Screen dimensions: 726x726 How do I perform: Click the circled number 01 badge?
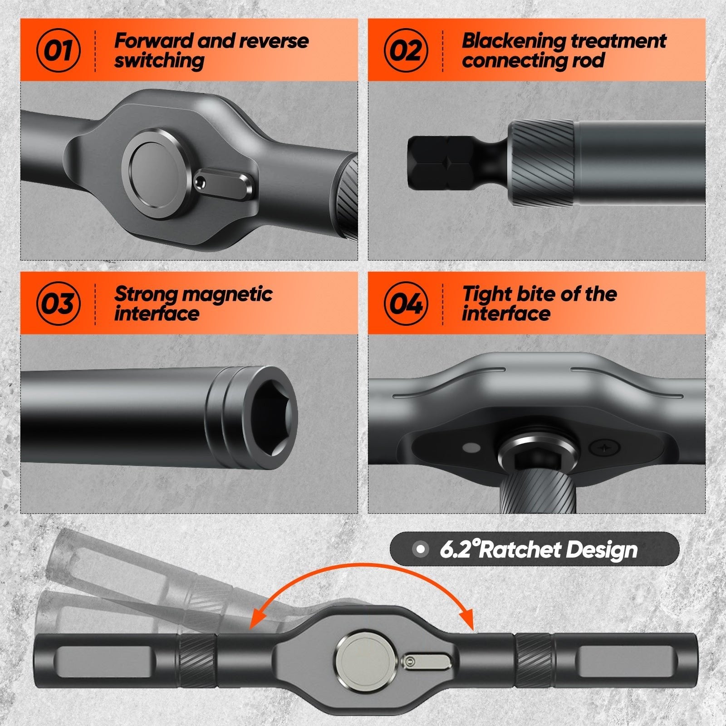click(59, 50)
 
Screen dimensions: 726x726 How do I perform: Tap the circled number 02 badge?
click(406, 50)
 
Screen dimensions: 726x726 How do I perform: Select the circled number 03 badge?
click(59, 304)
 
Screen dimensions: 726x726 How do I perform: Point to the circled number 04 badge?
click(406, 304)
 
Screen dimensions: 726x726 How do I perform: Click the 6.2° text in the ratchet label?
click(459, 549)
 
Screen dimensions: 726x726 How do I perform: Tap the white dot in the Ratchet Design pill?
click(421, 549)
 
